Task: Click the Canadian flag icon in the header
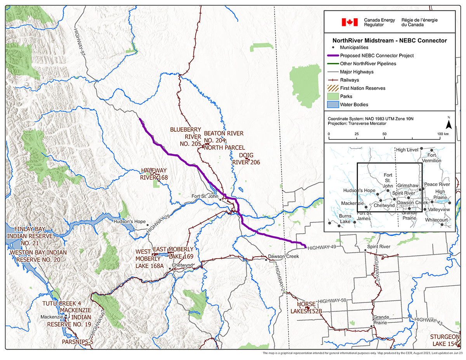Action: coord(349,22)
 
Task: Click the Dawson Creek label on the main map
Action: coord(283,257)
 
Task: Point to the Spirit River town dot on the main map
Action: coord(365,251)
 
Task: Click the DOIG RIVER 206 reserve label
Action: coord(246,159)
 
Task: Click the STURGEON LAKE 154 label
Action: coord(444,340)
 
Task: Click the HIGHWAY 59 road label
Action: coord(331,301)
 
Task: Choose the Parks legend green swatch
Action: coord(332,96)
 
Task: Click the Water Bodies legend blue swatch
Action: coord(332,104)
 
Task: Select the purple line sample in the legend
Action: coord(332,56)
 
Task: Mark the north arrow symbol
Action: coord(448,124)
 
